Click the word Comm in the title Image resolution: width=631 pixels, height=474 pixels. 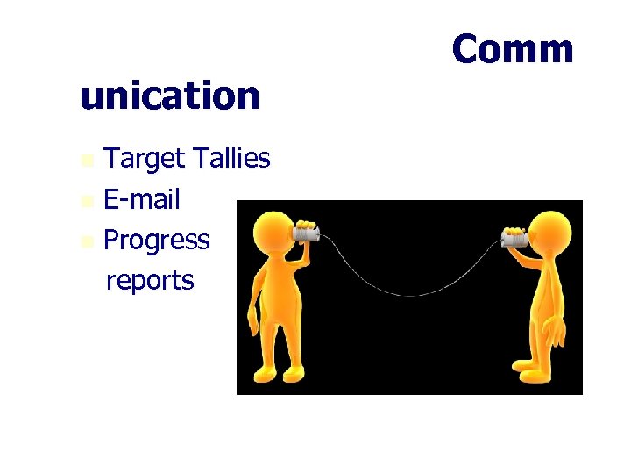coord(513,49)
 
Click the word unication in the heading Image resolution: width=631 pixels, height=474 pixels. coord(169,95)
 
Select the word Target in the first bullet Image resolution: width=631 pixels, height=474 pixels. coord(145,159)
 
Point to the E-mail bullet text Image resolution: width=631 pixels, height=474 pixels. coord(141,199)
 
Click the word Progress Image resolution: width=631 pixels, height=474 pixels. coord(156,240)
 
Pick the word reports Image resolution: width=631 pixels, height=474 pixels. coord(150,280)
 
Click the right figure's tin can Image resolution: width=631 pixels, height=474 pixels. coord(514,237)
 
